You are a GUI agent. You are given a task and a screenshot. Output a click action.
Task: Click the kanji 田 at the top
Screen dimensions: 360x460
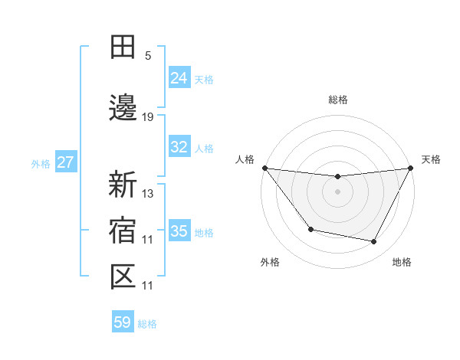(123, 47)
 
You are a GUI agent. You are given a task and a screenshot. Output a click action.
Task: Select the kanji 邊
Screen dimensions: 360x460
(123, 109)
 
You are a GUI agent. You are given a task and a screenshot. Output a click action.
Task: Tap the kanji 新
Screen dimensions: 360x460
(123, 185)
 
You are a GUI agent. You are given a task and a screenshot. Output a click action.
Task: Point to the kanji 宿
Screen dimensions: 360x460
(123, 231)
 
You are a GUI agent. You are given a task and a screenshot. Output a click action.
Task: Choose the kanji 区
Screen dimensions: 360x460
(123, 277)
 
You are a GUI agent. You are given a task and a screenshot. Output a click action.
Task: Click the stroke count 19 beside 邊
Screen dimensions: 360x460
(148, 117)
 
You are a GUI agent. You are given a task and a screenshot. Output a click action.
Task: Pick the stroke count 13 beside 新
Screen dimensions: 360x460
(148, 193)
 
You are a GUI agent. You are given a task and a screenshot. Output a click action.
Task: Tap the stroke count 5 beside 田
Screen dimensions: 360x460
(148, 56)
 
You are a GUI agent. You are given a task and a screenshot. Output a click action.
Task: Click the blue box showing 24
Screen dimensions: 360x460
(179, 78)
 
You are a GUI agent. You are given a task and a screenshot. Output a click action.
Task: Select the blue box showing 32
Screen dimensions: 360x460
(179, 147)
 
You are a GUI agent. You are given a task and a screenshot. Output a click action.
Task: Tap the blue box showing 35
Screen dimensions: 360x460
(179, 231)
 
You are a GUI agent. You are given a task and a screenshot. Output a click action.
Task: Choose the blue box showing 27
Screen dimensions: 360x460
(66, 162)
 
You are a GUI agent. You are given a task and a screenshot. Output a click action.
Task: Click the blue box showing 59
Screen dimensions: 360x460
(123, 322)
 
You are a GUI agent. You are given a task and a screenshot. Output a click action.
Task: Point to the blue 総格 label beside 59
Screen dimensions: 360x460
(147, 324)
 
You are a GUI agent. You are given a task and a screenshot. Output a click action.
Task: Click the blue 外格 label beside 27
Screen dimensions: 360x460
(41, 163)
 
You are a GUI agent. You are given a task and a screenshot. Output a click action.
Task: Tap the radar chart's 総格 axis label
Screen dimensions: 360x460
(338, 100)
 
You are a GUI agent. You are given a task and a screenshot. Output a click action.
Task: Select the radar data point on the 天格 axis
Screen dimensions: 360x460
(411, 168)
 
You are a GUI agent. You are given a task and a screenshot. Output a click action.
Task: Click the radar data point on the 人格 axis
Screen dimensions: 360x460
(264, 168)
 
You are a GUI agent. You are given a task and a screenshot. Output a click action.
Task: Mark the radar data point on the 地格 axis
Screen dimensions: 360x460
(374, 242)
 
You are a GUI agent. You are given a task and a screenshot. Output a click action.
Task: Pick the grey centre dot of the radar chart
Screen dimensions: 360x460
(338, 191)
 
